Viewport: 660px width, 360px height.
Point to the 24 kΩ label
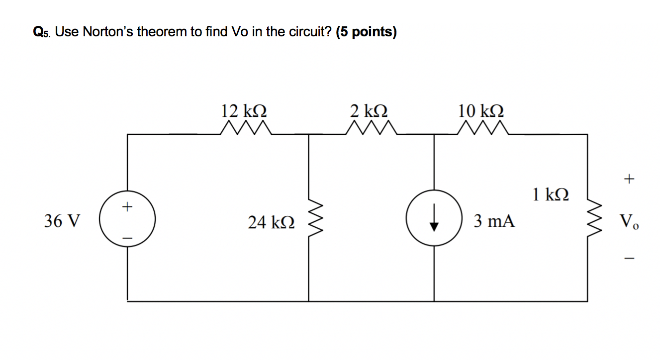point(272,222)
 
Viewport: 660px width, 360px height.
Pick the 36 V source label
point(62,220)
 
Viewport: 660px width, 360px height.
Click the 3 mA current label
point(494,220)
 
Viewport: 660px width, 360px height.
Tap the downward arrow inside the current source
point(434,219)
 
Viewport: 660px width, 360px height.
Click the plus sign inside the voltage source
point(128,205)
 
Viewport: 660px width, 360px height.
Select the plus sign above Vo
point(630,178)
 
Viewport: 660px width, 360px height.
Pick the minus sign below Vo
point(630,258)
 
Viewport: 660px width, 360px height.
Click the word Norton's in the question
point(108,32)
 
